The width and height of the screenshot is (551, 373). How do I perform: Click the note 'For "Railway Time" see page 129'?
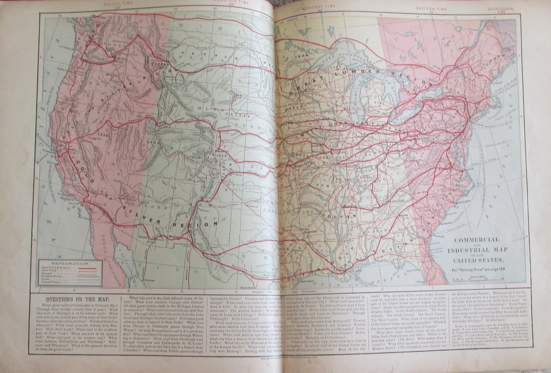477,271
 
